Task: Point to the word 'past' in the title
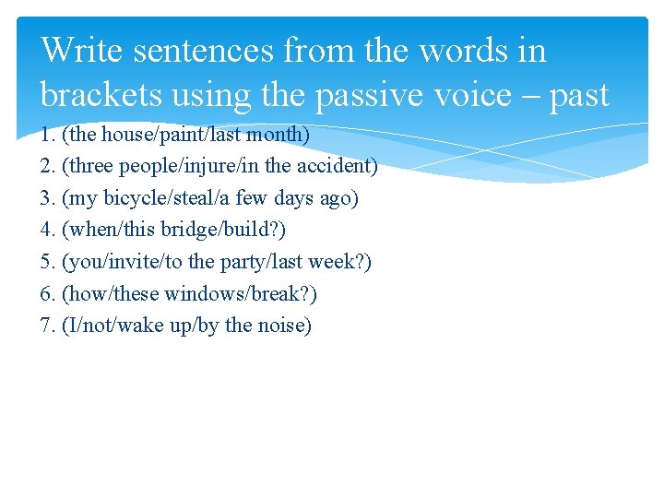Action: click(578, 96)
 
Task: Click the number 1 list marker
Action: click(47, 135)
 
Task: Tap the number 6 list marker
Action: click(47, 293)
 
